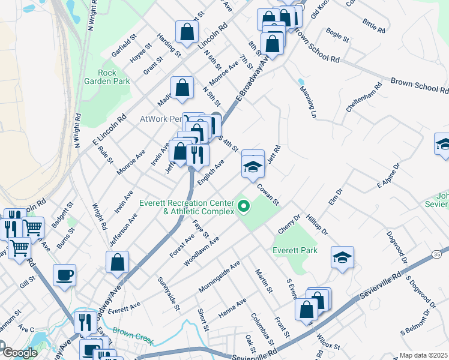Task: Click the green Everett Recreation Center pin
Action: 244,208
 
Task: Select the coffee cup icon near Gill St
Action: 65,275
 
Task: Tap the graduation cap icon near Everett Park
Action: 342,257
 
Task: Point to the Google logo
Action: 19,353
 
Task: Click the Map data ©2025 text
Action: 423,355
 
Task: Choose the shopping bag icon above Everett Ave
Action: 117,262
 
